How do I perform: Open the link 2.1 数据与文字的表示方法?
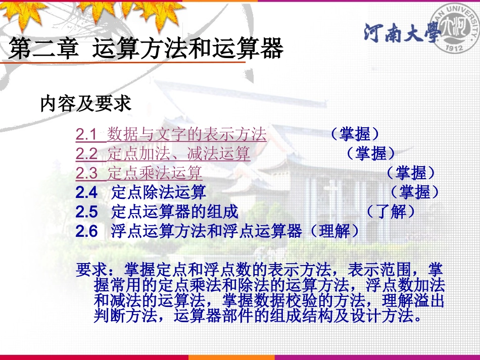pos(171,134)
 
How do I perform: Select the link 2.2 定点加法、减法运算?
pos(163,153)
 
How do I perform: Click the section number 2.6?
pos(86,231)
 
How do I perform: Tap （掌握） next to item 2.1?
pos(355,134)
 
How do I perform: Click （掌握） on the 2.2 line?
pos(371,153)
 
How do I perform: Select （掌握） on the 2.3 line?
pos(411,173)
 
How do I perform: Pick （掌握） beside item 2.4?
pos(415,192)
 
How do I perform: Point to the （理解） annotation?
pos(334,231)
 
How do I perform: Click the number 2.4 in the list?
pos(86,192)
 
